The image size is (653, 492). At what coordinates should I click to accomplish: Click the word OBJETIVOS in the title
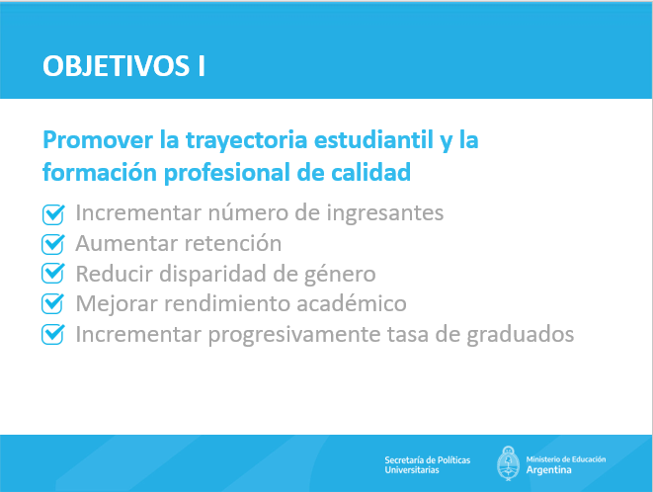tap(117, 66)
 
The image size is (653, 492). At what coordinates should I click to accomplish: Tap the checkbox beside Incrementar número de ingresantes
tap(53, 214)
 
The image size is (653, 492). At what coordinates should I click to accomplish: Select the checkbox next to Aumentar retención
tap(53, 244)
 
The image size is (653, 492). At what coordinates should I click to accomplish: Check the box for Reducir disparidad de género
tap(53, 274)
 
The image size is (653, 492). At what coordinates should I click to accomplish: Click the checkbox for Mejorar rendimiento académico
tap(53, 303)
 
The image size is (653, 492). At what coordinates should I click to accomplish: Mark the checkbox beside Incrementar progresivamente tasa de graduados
tap(53, 334)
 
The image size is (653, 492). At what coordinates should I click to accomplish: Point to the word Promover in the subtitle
tap(98, 140)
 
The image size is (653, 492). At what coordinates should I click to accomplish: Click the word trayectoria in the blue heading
tap(247, 141)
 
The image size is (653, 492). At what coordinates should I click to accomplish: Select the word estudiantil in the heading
tap(373, 140)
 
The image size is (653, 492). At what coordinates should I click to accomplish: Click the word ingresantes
tap(385, 213)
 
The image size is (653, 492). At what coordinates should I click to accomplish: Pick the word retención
tap(233, 243)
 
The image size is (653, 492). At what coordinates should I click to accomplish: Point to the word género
tap(340, 275)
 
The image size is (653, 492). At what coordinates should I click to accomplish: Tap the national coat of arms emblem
tap(508, 463)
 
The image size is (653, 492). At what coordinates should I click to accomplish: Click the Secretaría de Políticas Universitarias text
tap(428, 465)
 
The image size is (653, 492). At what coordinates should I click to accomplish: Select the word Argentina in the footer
tap(548, 470)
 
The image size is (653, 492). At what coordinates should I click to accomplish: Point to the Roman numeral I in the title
tap(202, 66)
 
